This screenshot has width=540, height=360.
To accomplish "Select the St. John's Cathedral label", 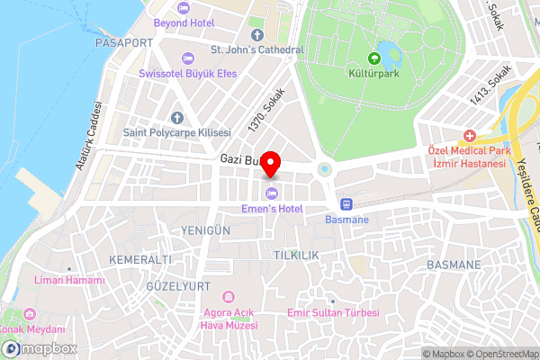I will pyautogui.click(x=256, y=50).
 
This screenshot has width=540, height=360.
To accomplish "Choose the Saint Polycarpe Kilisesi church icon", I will pyautogui.click(x=176, y=118).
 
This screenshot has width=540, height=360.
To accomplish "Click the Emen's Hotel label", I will pyautogui.click(x=273, y=210).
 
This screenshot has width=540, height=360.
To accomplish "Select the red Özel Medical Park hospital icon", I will pyautogui.click(x=469, y=136).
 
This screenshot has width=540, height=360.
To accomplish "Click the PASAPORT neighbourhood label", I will pyautogui.click(x=123, y=42).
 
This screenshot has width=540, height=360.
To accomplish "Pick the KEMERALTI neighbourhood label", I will pyautogui.click(x=139, y=259).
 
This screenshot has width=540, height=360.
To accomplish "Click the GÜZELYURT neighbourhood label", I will pyautogui.click(x=178, y=285).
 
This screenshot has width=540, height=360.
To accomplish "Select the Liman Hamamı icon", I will pyautogui.click(x=69, y=267).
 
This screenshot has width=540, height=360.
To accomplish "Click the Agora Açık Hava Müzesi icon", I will pyautogui.click(x=228, y=297).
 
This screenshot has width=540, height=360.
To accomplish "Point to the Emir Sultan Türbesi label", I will pyautogui.click(x=332, y=313).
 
